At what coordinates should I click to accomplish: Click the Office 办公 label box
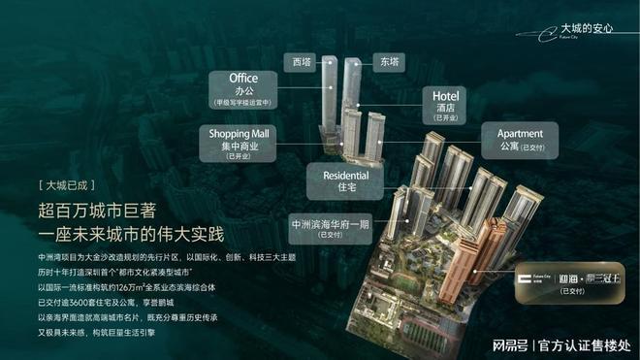(242, 87)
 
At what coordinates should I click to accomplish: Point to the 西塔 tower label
(304, 59)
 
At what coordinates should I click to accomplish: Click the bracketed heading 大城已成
(68, 184)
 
